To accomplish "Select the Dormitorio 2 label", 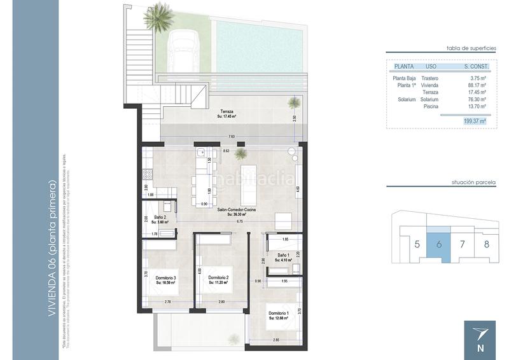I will click(x=218, y=278).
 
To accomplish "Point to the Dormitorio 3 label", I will click(x=165, y=278).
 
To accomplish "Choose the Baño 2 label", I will click(x=160, y=217).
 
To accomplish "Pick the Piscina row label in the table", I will click(x=430, y=106).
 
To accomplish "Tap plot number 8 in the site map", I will click(x=485, y=244).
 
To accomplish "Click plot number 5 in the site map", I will click(x=416, y=244).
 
